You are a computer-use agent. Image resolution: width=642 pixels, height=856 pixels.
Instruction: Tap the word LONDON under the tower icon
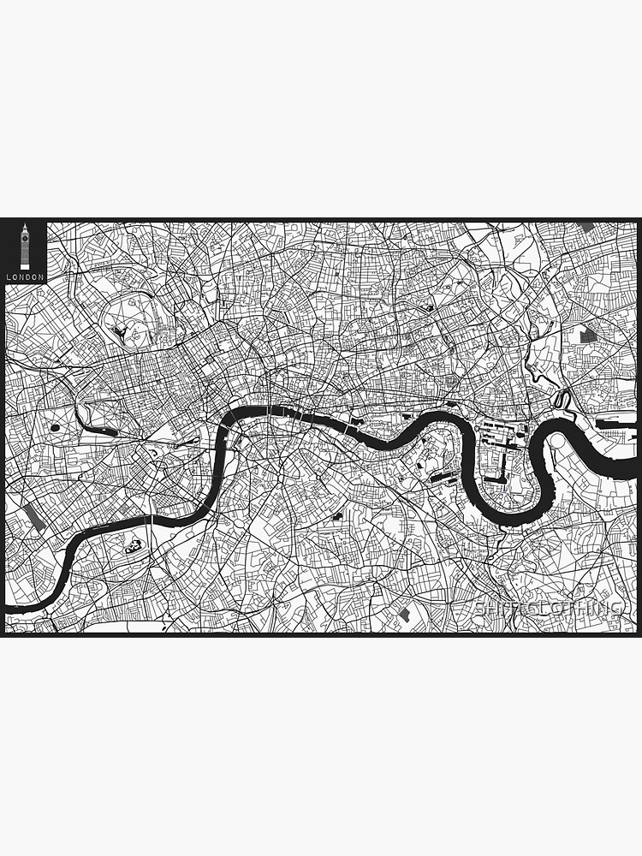25,277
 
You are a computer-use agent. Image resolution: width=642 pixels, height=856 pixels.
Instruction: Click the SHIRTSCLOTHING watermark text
549,608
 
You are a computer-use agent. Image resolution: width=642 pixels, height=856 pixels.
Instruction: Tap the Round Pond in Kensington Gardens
56,425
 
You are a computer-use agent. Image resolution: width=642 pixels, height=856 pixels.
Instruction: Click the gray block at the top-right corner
586,227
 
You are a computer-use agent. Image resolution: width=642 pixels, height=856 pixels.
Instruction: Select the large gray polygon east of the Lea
590,335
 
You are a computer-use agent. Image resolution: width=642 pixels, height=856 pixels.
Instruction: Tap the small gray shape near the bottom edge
404,615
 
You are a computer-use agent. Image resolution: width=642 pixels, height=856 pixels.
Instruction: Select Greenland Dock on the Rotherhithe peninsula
440,476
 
